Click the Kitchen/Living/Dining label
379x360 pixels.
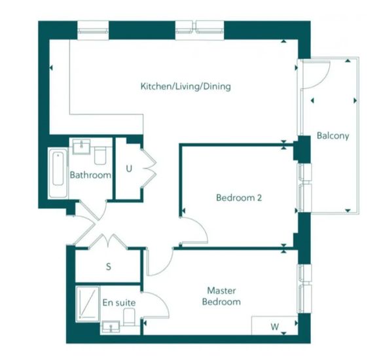[x=186, y=86]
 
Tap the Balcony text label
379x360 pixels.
[x=333, y=135]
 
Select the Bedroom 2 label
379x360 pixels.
[x=239, y=198]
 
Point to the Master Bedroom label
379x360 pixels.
[x=221, y=296]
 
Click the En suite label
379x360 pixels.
[x=119, y=302]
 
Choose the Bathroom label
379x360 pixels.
[x=90, y=175]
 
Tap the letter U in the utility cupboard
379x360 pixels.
[x=129, y=168]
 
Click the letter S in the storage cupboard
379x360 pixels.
[x=109, y=266]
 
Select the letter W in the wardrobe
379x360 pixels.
[x=274, y=327]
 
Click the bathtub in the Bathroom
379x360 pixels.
[x=58, y=173]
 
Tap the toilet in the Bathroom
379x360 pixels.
[x=100, y=156]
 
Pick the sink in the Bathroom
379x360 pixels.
[x=81, y=147]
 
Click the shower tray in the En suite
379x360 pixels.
[x=88, y=304]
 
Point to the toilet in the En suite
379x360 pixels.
[x=129, y=317]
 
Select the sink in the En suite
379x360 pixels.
[x=111, y=327]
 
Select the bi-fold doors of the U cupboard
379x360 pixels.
[x=149, y=168]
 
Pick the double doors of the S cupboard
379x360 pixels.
[x=108, y=242]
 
